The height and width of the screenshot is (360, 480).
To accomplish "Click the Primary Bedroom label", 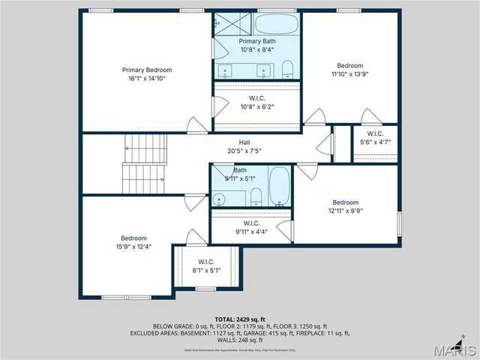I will tap(147, 70).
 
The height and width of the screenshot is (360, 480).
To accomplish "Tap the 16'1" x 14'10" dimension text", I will tap(147, 78).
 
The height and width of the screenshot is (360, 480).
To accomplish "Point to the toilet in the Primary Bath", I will tap(287, 70).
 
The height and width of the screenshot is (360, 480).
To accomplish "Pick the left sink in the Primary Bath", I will tap(226, 71).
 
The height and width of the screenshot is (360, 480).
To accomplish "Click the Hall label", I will tap(244, 142).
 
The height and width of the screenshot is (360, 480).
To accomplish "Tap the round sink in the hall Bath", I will tap(219, 199).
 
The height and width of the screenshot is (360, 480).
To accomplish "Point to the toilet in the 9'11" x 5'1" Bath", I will tap(256, 197).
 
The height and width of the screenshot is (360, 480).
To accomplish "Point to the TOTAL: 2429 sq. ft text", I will tap(239, 319).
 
